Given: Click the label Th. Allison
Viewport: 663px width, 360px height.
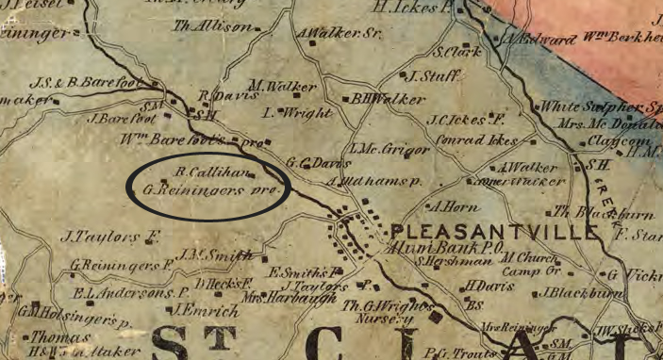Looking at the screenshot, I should (225, 27).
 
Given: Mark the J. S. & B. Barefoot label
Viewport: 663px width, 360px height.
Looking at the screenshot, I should (77, 82).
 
